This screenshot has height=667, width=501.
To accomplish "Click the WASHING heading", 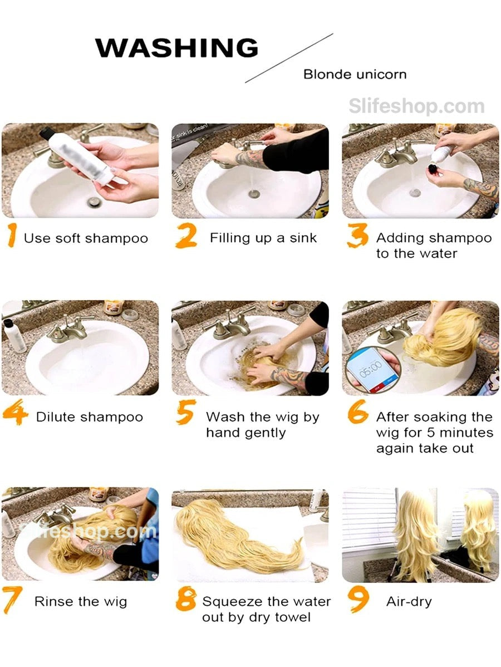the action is pyautogui.click(x=176, y=48).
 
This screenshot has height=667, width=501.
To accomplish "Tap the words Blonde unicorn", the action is pyautogui.click(x=355, y=75).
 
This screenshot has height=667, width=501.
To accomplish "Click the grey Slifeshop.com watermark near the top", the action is pyautogui.click(x=416, y=106).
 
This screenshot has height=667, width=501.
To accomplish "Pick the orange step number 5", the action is pyautogui.click(x=186, y=412).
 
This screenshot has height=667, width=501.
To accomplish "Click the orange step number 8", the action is pyautogui.click(x=186, y=599).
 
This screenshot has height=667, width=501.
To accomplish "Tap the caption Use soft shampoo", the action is pyautogui.click(x=86, y=238).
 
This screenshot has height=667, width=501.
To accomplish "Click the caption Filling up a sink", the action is pyautogui.click(x=263, y=238).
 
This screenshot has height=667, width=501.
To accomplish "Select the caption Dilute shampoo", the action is pyautogui.click(x=89, y=417).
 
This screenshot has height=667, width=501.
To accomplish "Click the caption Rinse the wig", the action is pyautogui.click(x=81, y=602).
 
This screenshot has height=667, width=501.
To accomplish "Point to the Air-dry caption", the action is pyautogui.click(x=409, y=601).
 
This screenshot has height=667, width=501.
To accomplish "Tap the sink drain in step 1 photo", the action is pyautogui.click(x=94, y=202).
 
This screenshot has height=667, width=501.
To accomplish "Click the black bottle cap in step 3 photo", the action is pyautogui.click(x=434, y=169).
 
